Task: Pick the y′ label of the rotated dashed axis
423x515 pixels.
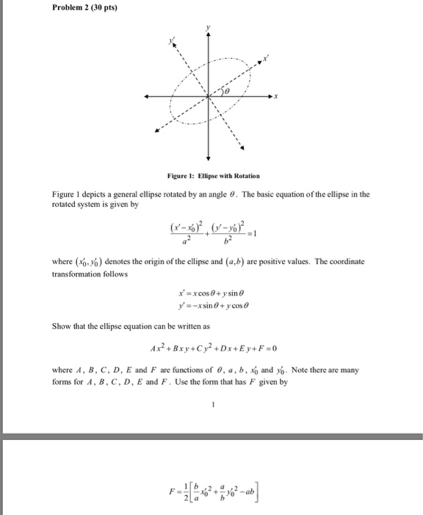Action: pos(173,43)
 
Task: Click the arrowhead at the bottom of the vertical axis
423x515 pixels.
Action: pos(209,158)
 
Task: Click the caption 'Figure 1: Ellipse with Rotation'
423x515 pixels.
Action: pos(209,177)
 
